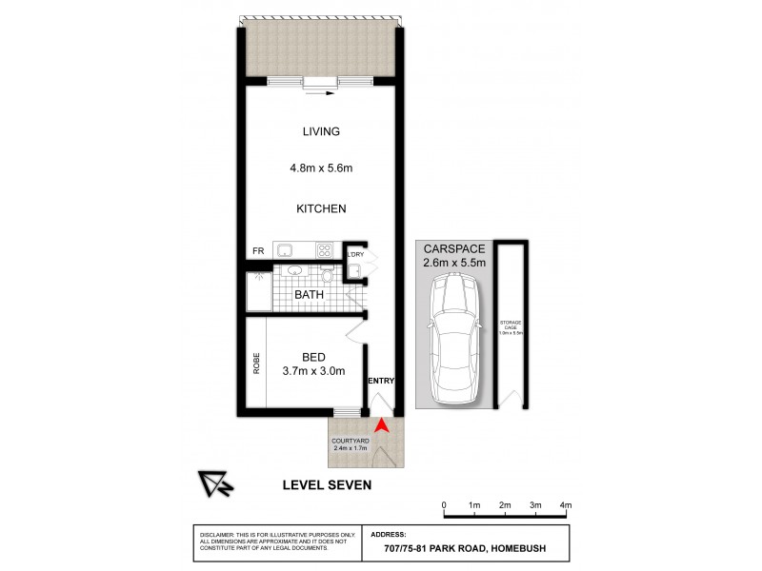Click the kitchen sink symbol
click(x=284, y=250)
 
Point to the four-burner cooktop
click(x=324, y=251)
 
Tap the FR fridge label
click(x=257, y=251)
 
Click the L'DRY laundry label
click(x=355, y=254)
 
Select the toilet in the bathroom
click(x=327, y=276)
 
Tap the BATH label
click(x=309, y=295)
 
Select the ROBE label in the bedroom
click(x=256, y=363)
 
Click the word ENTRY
click(x=380, y=381)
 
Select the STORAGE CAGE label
click(x=511, y=328)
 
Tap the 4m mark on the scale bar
click(x=566, y=504)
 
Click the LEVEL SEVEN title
click(x=327, y=484)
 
